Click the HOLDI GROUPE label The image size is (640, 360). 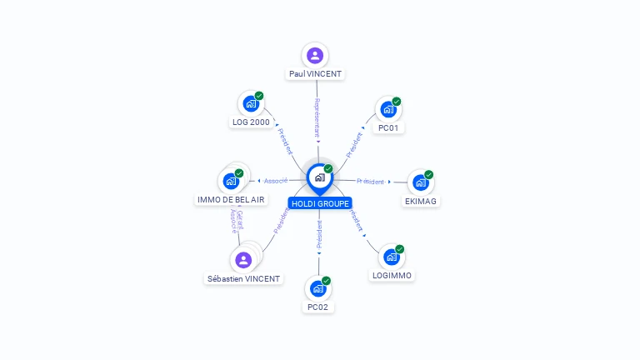point(320,203)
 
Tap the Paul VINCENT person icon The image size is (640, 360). point(315,56)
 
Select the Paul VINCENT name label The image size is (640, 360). point(315,74)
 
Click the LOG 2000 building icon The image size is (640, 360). point(250,104)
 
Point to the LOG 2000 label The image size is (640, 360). point(250,122)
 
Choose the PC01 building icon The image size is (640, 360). point(388,109)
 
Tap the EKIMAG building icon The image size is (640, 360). point(420,182)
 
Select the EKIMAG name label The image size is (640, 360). point(421,201)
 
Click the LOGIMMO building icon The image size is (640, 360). point(392,257)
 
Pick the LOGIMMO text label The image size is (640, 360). point(392,275)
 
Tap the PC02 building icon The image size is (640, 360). point(317,288)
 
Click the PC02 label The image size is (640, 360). point(317,307)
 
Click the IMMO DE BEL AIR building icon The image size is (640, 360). point(230,181)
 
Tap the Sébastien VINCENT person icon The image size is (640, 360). point(243,260)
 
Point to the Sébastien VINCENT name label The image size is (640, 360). point(244,279)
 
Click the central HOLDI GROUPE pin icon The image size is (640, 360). point(319,177)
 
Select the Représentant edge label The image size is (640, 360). point(317,117)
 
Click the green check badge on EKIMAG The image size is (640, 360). point(429,175)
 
